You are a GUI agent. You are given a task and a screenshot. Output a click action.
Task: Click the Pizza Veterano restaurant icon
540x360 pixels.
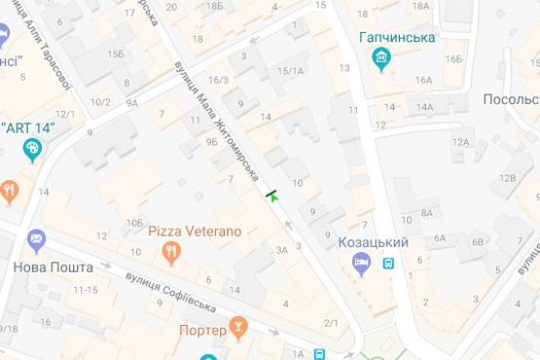[171, 252]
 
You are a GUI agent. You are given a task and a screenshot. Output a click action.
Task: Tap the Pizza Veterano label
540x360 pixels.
[195, 232]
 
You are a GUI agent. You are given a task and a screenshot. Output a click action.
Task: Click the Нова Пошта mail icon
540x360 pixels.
[36, 239]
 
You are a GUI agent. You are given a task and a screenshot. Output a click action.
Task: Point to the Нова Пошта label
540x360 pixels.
[53, 267]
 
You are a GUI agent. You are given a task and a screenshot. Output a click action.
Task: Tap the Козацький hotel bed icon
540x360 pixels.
[362, 262]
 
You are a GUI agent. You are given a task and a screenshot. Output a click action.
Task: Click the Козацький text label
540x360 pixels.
[373, 241]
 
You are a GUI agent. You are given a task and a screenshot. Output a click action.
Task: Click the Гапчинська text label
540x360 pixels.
[396, 38]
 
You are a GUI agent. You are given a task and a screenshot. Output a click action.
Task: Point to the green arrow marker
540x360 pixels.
[273, 194]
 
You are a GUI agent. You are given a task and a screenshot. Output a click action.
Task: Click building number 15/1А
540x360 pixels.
[291, 71]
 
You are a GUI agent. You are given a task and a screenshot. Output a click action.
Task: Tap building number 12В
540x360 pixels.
[508, 178]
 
